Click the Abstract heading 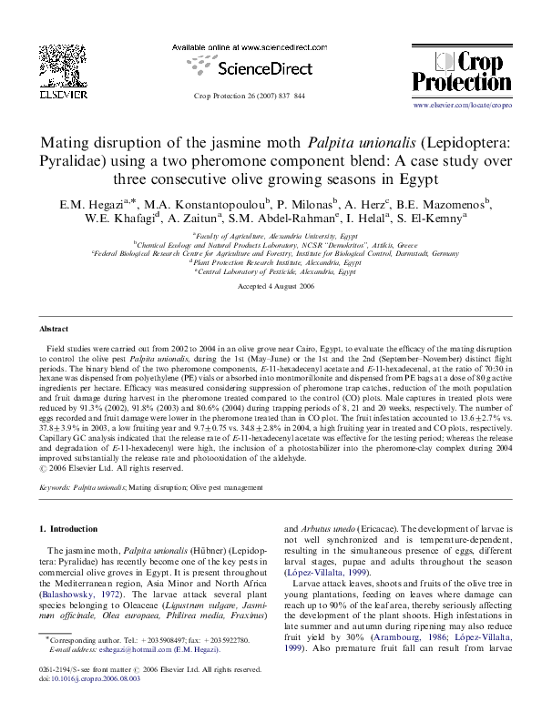54,328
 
